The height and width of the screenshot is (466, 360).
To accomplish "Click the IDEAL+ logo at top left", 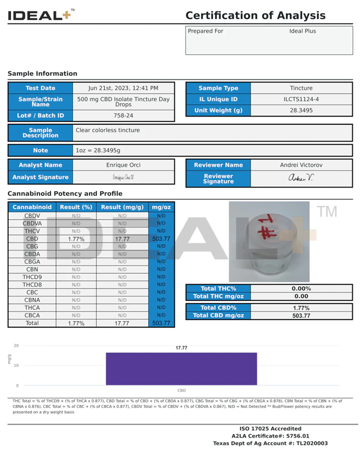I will click(x=39, y=16).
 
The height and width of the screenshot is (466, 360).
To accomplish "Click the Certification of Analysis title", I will click(x=255, y=16).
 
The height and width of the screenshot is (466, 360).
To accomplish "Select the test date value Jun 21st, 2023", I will click(x=123, y=88).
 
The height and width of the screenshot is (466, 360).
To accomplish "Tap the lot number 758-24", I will click(x=123, y=115).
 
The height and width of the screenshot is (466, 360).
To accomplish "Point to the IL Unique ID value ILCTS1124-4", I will click(x=301, y=99).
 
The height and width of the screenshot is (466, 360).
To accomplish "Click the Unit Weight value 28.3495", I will click(x=301, y=110).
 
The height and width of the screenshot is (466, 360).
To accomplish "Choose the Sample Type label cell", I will click(x=218, y=88).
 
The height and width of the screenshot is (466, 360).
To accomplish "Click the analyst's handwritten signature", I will click(x=123, y=177).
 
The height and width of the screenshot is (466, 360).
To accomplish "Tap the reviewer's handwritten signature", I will click(x=301, y=178).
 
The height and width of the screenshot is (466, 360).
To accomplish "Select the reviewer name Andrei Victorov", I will click(x=301, y=165).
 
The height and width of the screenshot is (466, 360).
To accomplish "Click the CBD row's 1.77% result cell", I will click(x=76, y=239).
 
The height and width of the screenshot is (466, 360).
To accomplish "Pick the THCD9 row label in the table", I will click(x=32, y=277).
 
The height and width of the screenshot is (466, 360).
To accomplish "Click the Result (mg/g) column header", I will click(x=122, y=207).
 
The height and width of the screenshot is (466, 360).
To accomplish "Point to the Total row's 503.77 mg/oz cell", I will click(x=161, y=323).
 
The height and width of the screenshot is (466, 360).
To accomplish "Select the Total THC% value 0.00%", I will click(x=301, y=289).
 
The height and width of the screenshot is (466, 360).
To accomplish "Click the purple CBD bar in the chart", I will click(x=181, y=369).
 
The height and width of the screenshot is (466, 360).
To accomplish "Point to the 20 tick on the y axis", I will click(x=16, y=345).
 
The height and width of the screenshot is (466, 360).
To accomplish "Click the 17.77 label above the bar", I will click(x=181, y=348).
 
